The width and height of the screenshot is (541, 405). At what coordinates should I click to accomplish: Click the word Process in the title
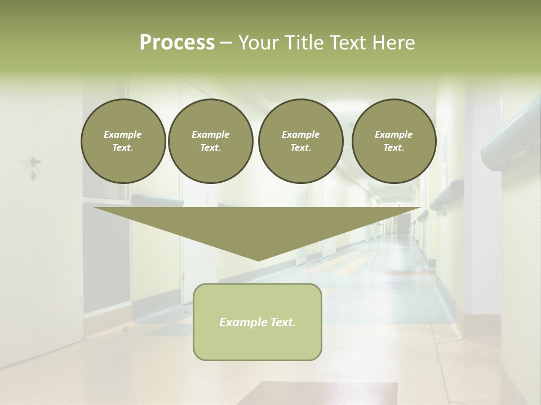coord(177,42)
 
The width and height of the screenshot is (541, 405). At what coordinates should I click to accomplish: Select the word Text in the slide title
coord(345,42)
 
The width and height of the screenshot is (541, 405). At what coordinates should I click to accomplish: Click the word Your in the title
coord(259,42)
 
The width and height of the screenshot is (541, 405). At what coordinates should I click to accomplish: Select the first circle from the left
coord(123,141)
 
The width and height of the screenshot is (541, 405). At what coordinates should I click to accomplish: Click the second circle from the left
coord(210,141)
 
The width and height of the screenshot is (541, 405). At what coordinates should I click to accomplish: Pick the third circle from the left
coord(300,141)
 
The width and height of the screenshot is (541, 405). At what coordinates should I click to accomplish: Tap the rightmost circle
coord(394,141)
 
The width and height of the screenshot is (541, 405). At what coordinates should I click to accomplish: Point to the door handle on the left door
coord(35,162)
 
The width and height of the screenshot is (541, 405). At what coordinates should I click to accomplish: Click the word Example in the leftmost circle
coord(123,134)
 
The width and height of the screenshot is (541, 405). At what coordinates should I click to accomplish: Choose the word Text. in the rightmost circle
coord(394,148)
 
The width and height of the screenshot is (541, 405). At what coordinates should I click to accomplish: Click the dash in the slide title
coord(227,42)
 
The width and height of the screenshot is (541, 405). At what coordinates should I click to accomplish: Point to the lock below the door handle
coord(33,176)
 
